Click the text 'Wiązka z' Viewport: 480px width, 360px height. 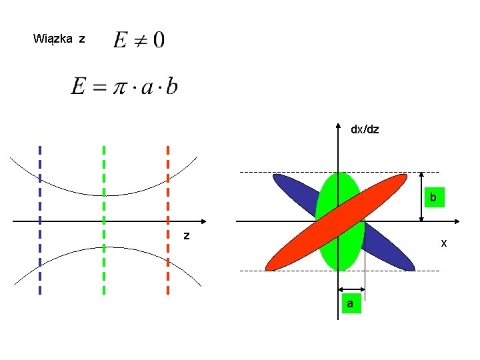[x=59, y=39]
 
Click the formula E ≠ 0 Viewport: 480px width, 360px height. [x=139, y=40]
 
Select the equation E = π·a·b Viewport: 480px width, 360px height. [x=124, y=87]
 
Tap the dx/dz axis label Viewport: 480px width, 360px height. [x=365, y=129]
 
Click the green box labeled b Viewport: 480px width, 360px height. [x=433, y=198]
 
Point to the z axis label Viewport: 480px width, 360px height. [x=187, y=235]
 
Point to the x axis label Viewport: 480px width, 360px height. [x=444, y=244]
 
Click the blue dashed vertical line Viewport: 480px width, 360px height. [x=40, y=220]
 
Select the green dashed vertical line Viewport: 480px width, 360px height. [x=104, y=220]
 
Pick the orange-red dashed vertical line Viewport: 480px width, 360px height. [x=167, y=220]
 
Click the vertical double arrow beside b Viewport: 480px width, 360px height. [x=421, y=197]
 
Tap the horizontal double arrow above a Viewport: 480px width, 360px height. [x=352, y=290]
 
